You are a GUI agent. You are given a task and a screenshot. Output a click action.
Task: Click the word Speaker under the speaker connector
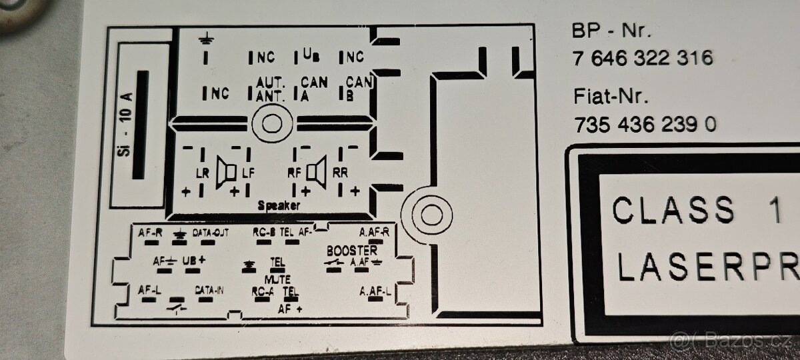(x=279, y=207)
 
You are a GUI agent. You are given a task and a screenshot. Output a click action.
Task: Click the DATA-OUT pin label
(x=211, y=233)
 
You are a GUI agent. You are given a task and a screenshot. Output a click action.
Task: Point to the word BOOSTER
(x=351, y=251)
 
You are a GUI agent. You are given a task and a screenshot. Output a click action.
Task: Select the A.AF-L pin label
(x=375, y=291)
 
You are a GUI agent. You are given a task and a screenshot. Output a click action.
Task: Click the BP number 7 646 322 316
(x=642, y=58)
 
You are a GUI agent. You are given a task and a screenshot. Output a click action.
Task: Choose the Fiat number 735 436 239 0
(x=645, y=124)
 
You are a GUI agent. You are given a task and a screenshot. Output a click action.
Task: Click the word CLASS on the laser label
(x=673, y=210)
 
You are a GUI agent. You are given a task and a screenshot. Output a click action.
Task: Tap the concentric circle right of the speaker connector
(x=426, y=213)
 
